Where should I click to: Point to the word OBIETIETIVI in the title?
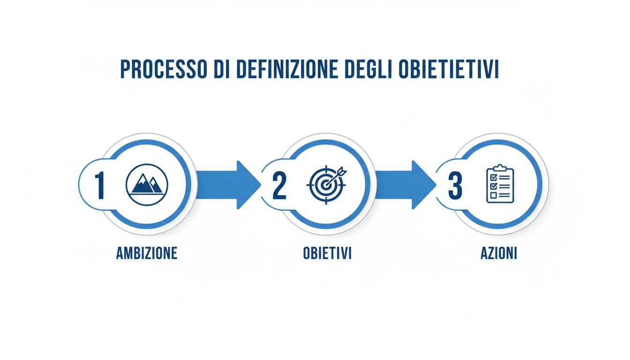pyautogui.click(x=447, y=69)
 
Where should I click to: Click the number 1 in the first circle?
pyautogui.click(x=99, y=185)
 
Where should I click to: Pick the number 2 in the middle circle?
pyautogui.click(x=278, y=185)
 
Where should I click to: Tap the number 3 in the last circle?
pyautogui.click(x=455, y=185)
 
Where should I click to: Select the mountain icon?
pyautogui.click(x=146, y=185)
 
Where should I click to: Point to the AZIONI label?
pyautogui.click(x=499, y=254)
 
